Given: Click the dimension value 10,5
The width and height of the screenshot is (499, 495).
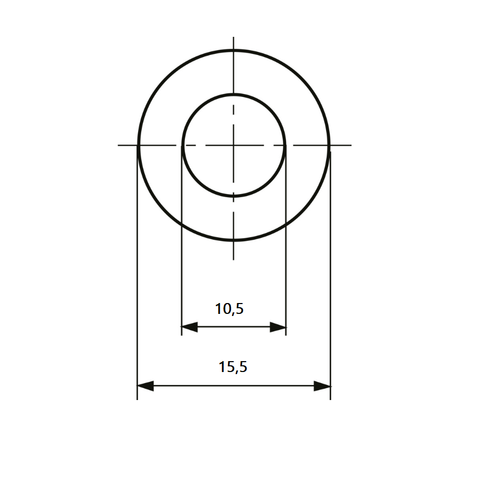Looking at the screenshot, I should pyautogui.click(x=230, y=309).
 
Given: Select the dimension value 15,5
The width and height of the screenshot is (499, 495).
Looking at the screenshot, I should pyautogui.click(x=233, y=367).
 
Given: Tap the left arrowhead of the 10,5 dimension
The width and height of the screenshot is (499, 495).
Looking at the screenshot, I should pyautogui.click(x=189, y=327).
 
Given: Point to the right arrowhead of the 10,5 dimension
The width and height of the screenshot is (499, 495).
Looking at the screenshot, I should pyautogui.click(x=278, y=327).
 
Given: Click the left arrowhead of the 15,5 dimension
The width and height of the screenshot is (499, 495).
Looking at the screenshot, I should pyautogui.click(x=145, y=386).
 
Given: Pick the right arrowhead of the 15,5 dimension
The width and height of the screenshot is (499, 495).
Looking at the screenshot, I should pyautogui.click(x=322, y=386).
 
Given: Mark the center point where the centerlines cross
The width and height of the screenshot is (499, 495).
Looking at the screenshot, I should pyautogui.click(x=234, y=145).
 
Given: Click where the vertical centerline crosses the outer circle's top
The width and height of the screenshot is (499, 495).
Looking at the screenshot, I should pyautogui.click(x=234, y=50).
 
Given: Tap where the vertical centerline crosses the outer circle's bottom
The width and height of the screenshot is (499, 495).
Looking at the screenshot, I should pyautogui.click(x=234, y=240).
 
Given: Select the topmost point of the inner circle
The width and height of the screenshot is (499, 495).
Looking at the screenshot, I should pyautogui.click(x=234, y=94).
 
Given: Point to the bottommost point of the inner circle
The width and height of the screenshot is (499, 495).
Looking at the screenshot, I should pyautogui.click(x=234, y=196).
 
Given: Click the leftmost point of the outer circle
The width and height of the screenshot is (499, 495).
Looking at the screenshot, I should pyautogui.click(x=138, y=145).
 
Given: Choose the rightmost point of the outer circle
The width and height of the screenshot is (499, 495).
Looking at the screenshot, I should pyautogui.click(x=329, y=145).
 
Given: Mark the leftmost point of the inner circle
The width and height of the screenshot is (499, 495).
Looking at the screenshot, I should pyautogui.click(x=182, y=145).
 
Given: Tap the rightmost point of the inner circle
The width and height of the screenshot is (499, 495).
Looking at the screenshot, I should pyautogui.click(x=286, y=145).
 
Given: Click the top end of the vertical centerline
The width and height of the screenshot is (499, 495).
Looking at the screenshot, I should pyautogui.click(x=234, y=37).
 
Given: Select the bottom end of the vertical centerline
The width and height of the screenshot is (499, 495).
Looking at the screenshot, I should pyautogui.click(x=234, y=259).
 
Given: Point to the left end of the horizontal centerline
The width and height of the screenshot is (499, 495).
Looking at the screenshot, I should pyautogui.click(x=118, y=145).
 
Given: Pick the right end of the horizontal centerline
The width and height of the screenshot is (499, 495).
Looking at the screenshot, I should pyautogui.click(x=352, y=145).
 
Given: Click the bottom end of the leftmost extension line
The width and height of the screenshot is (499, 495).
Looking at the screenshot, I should pyautogui.click(x=137, y=399).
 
